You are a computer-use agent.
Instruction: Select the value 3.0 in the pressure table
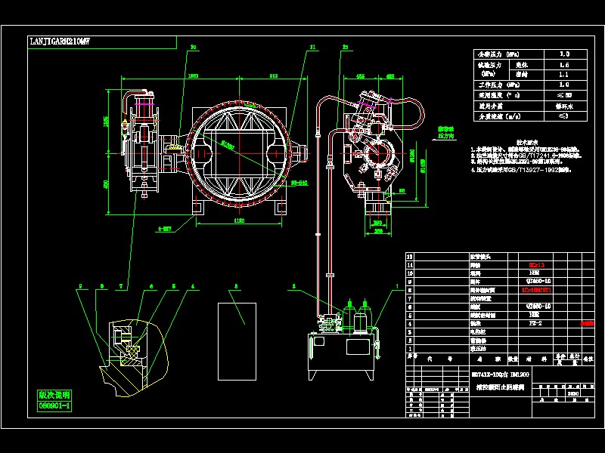563,55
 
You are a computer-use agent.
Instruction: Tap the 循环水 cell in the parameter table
563,106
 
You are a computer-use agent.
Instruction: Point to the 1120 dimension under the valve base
239,221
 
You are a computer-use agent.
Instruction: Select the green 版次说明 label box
54,394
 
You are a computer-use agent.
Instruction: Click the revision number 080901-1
54,405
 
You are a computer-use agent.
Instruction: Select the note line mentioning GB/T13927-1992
522,170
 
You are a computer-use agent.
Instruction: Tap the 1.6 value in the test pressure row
563,66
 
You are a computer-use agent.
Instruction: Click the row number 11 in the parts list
411,265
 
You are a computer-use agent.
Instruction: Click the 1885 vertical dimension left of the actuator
107,121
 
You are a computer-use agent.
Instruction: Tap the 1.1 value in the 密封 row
563,75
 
